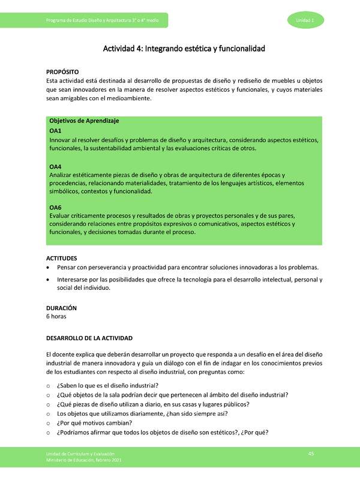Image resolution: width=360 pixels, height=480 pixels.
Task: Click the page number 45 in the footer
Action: [x=311, y=453]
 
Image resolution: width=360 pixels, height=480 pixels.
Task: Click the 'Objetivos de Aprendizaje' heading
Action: [x=84, y=121]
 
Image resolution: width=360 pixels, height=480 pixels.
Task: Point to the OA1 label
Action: [x=55, y=130]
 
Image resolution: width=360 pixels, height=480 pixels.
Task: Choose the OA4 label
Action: [x=55, y=166]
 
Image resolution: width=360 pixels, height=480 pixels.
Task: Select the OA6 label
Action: [x=55, y=208]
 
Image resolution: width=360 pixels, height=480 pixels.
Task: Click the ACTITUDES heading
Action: [x=62, y=258]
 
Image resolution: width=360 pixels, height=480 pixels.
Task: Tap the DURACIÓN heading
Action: [x=61, y=308]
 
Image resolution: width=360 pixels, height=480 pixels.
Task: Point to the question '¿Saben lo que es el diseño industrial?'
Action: [x=107, y=385]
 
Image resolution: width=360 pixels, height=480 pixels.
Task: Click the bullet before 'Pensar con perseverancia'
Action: [x=49, y=268]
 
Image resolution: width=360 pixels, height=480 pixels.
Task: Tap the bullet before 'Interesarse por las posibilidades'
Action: [x=49, y=280]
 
